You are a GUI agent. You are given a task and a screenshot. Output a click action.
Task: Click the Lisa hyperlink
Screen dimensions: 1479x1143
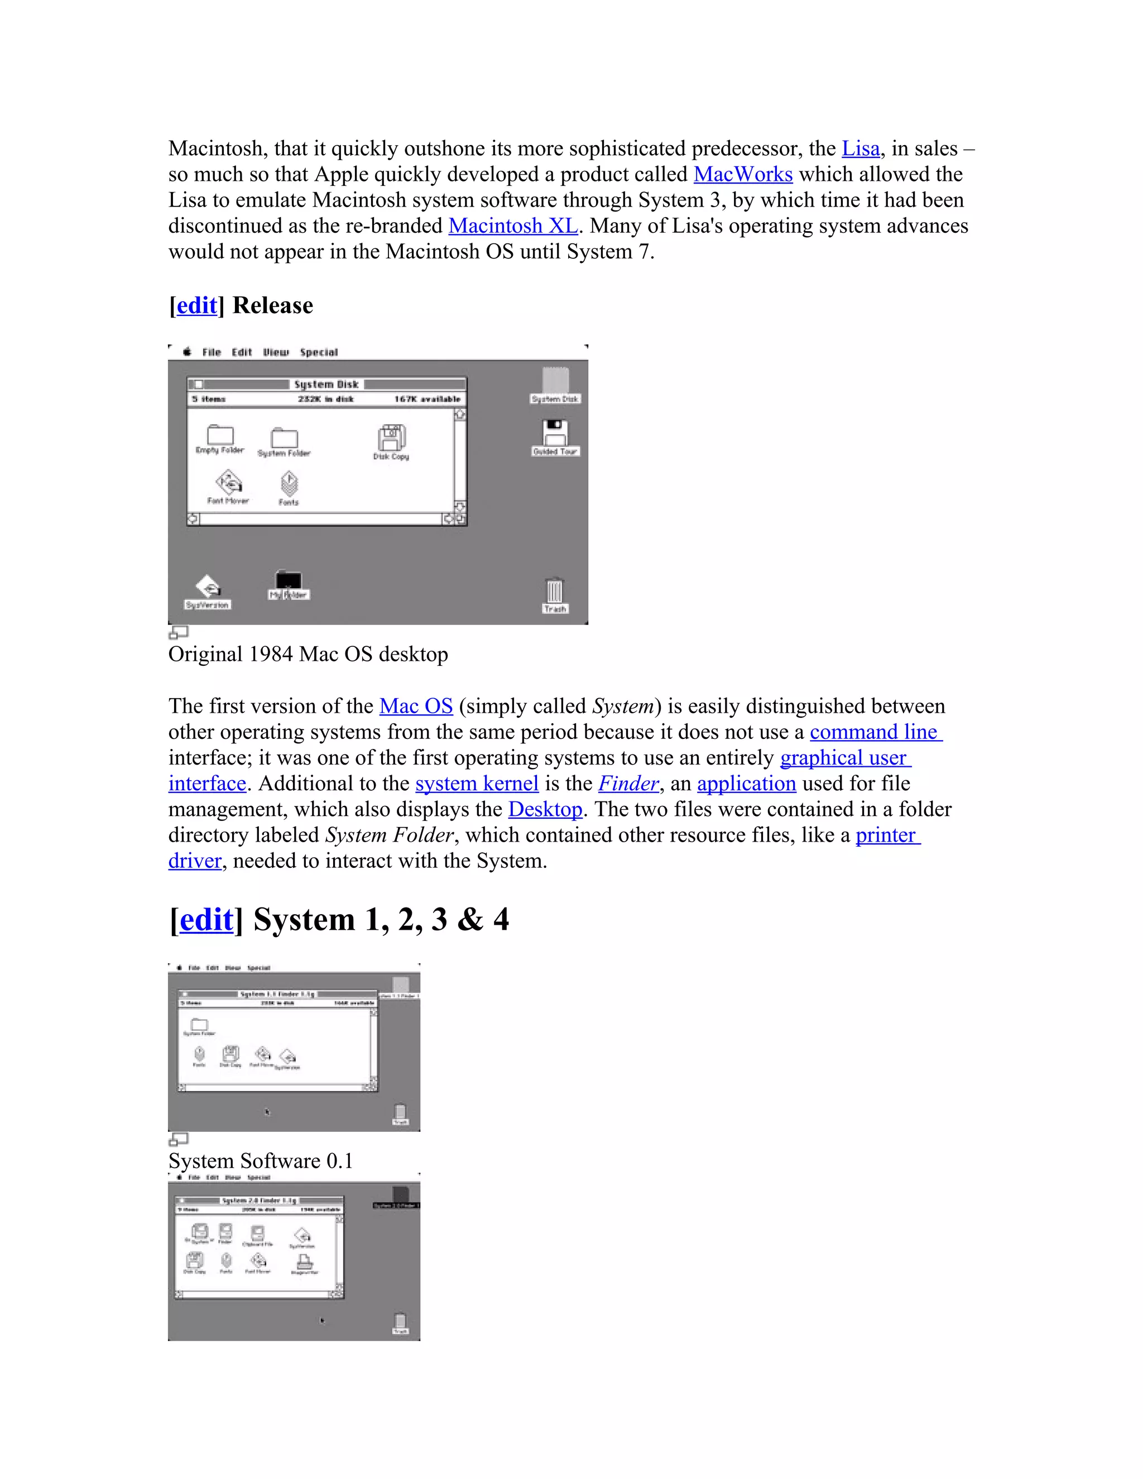pos(860,148)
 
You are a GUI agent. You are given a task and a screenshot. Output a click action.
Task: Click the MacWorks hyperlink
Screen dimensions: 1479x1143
pos(743,174)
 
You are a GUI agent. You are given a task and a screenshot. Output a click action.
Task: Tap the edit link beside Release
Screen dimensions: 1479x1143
pos(196,305)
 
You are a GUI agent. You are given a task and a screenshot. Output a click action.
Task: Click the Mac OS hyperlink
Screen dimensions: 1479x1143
pos(416,707)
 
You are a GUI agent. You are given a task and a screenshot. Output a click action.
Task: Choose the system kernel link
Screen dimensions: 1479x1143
pos(477,784)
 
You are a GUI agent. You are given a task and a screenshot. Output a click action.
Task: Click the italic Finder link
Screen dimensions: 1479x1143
pos(628,784)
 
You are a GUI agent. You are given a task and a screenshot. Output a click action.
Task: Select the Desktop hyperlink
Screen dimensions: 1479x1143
pos(545,809)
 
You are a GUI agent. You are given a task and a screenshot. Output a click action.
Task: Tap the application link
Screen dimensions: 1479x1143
pos(746,784)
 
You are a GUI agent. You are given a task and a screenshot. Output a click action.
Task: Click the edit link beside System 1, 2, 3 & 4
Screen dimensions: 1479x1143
pos(206,920)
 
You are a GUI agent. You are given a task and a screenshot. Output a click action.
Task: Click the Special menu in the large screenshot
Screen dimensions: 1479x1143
pos(318,352)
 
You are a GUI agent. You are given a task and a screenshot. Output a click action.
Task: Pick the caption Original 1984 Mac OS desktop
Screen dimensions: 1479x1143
pos(308,655)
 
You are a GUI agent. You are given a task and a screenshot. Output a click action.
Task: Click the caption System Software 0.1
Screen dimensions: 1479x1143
pos(261,1161)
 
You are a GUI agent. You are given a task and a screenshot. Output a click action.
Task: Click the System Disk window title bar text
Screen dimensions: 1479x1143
pos(326,385)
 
